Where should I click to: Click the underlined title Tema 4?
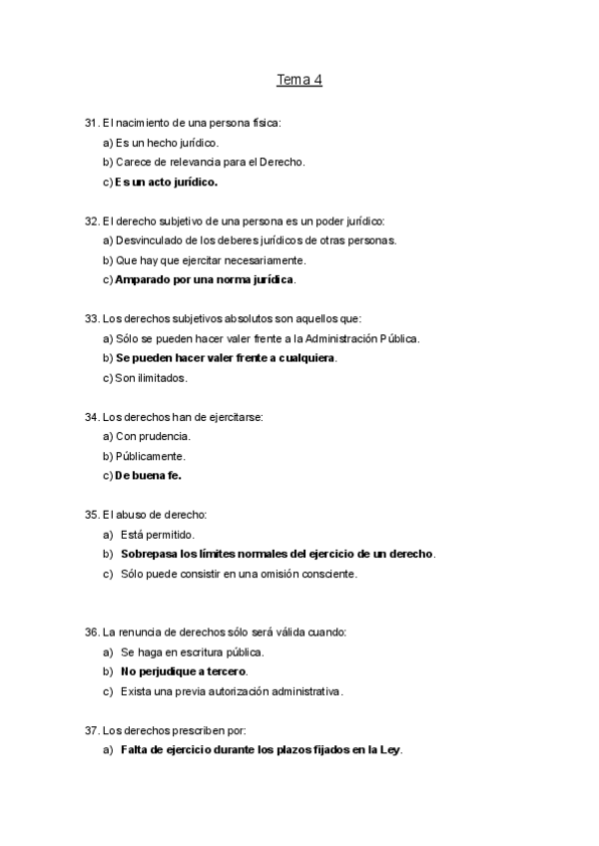(x=299, y=79)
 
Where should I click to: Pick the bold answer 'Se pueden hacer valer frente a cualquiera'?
(x=226, y=358)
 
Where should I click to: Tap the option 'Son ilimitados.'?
(x=151, y=378)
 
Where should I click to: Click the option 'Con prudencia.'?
(x=153, y=436)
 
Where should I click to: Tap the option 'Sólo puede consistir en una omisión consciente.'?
(x=239, y=574)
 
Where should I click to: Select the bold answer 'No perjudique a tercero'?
(x=184, y=671)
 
